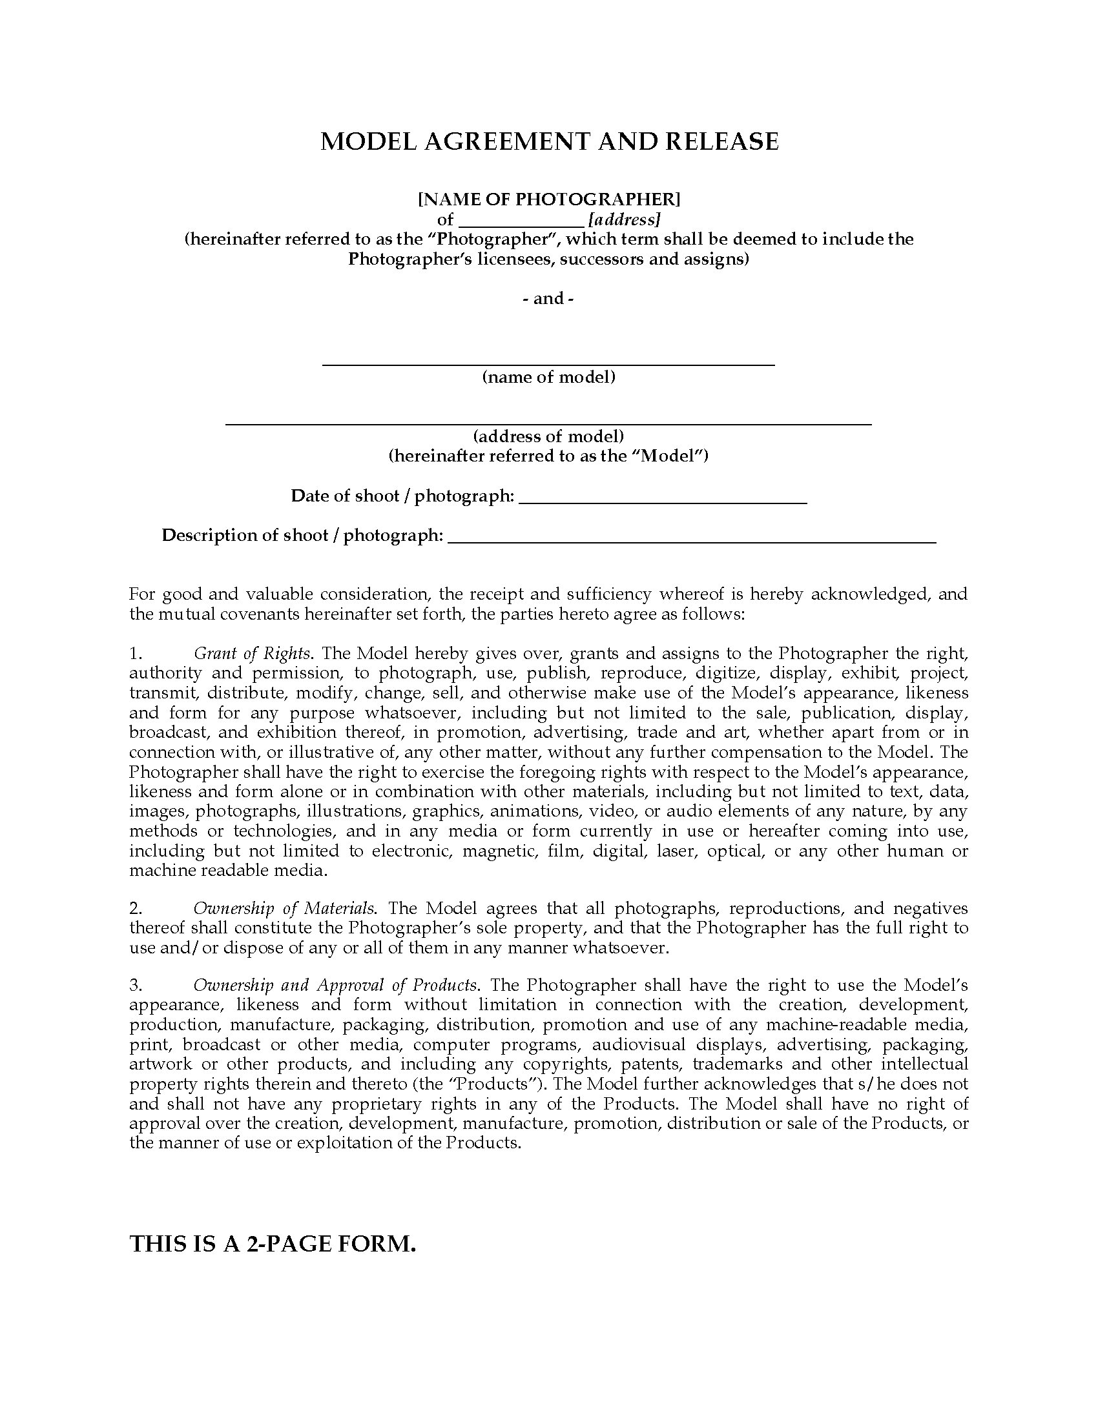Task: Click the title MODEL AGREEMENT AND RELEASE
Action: (549, 142)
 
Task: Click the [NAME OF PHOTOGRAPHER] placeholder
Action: (549, 198)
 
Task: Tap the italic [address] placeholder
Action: (625, 219)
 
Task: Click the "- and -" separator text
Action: (549, 298)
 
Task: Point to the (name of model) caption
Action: (549, 377)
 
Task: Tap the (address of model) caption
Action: (549, 436)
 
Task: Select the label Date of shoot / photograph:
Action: (402, 496)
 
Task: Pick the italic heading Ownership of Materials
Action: (284, 908)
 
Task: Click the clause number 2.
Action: (136, 908)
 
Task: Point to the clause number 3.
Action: (136, 985)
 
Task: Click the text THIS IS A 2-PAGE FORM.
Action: (273, 1244)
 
